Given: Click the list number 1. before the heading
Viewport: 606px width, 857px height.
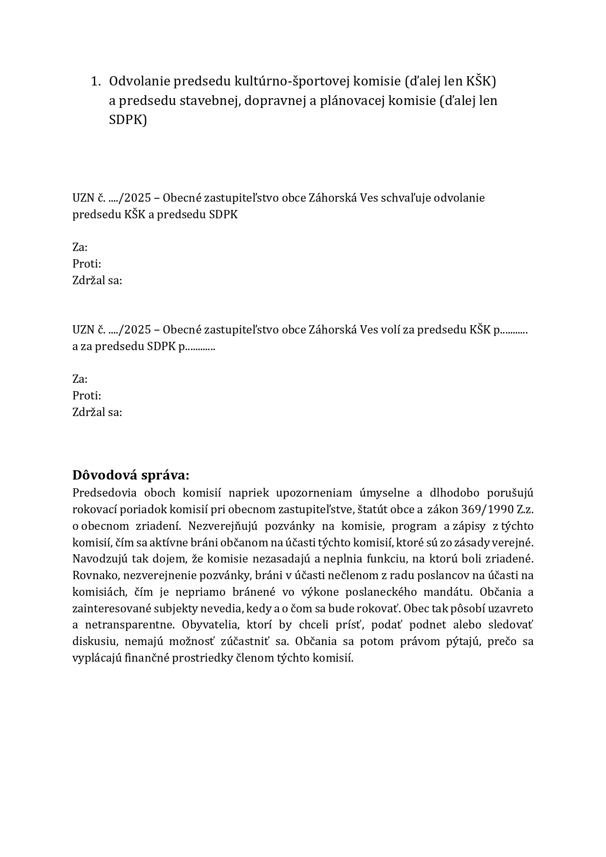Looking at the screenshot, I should (x=96, y=82).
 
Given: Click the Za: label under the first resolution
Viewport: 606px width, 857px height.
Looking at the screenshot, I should (x=80, y=248).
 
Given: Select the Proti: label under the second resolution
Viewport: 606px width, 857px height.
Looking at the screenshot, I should (x=87, y=396).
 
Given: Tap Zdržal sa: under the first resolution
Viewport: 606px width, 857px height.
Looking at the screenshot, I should (x=97, y=281).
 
